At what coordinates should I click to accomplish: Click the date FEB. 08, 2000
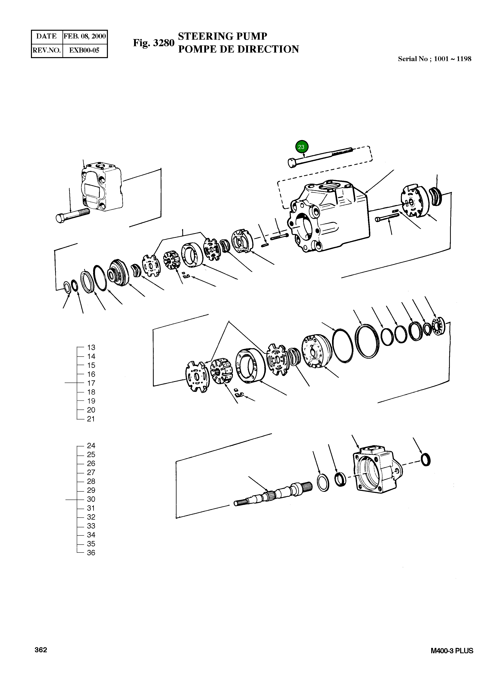pyautogui.click(x=85, y=36)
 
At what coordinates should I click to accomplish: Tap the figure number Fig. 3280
pyautogui.click(x=154, y=43)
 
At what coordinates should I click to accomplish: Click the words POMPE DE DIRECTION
pyautogui.click(x=238, y=49)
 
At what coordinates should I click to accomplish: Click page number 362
pyautogui.click(x=41, y=650)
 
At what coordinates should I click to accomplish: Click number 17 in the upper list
pyautogui.click(x=91, y=383)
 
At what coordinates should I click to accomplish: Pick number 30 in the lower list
pyautogui.click(x=91, y=499)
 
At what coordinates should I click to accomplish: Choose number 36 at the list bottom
pyautogui.click(x=91, y=553)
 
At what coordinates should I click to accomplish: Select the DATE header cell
pyautogui.click(x=47, y=36)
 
